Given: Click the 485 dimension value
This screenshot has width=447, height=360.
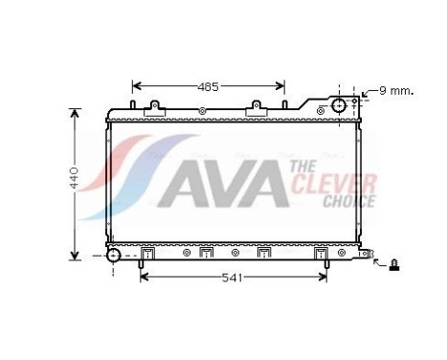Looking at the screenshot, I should pyautogui.click(x=208, y=86).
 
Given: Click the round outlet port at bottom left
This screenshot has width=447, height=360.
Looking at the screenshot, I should pyautogui.click(x=114, y=255).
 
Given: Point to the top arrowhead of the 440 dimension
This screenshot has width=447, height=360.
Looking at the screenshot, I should pyautogui.click(x=76, y=111).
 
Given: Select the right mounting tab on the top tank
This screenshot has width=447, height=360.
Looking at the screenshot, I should pyautogui.click(x=256, y=111).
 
